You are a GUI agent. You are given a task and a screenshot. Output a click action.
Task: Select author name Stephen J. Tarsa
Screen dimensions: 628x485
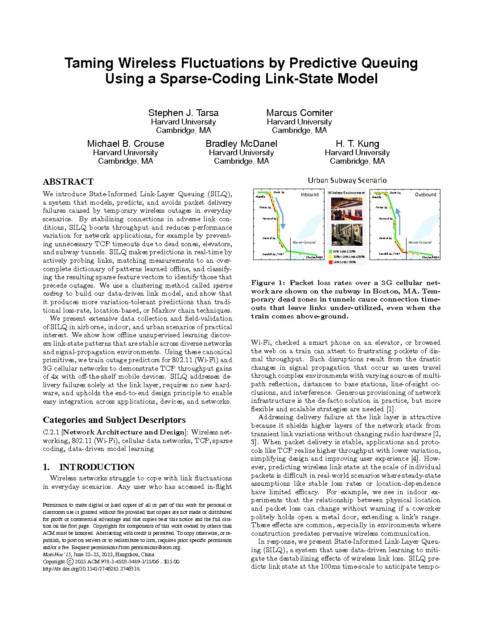click(x=183, y=113)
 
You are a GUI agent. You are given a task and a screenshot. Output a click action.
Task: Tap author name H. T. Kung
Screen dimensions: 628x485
click(x=357, y=144)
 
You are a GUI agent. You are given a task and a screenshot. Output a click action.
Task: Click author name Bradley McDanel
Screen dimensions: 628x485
click(x=241, y=144)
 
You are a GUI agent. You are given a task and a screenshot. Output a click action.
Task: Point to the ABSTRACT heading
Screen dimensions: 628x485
click(x=68, y=182)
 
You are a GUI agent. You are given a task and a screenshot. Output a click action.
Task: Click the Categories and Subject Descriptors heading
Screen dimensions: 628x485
click(x=114, y=420)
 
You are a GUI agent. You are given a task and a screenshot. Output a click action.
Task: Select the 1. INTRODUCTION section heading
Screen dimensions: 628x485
click(x=89, y=467)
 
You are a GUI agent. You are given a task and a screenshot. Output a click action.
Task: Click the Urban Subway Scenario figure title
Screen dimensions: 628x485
click(x=347, y=180)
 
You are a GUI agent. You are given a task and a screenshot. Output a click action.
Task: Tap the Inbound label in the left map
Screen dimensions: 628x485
click(x=309, y=194)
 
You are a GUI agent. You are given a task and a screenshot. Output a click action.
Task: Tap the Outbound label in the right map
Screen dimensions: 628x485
click(x=425, y=194)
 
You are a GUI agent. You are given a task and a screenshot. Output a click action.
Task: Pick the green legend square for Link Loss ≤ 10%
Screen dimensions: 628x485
click(x=331, y=252)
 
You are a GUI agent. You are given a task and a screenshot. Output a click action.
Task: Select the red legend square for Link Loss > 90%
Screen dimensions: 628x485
click(x=331, y=262)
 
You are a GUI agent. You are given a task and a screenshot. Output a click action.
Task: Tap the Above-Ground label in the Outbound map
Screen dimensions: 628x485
click(x=419, y=242)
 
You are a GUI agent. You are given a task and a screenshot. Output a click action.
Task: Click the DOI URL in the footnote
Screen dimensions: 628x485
click(x=91, y=569)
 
